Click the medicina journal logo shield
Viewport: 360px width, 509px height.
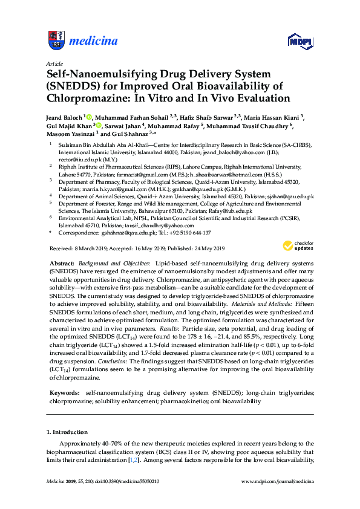point(56,41)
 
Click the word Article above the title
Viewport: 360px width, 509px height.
point(54,63)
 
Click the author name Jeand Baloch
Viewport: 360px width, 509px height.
point(64,117)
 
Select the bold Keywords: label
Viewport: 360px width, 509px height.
point(64,392)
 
